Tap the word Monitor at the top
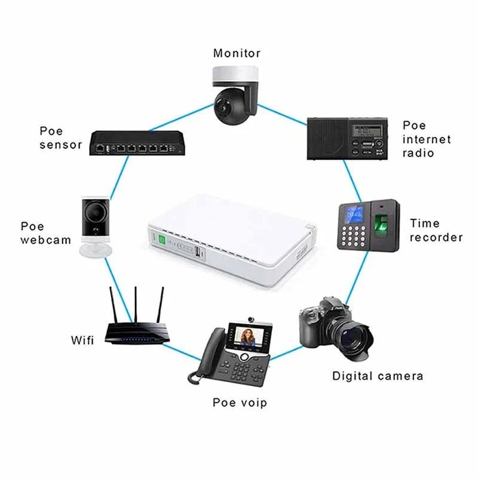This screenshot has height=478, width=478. pyautogui.click(x=237, y=53)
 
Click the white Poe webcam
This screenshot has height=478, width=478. pyautogui.click(x=96, y=224)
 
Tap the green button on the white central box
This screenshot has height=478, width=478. pyautogui.click(x=162, y=239)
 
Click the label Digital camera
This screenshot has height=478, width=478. pyautogui.click(x=378, y=376)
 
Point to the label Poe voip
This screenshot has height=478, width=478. pyautogui.click(x=240, y=402)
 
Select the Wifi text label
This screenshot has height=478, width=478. pyautogui.click(x=82, y=341)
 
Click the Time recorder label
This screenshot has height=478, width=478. pyautogui.click(x=436, y=230)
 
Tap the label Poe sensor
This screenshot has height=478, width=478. pyautogui.click(x=60, y=137)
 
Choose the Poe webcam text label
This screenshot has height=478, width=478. pyautogui.click(x=45, y=233)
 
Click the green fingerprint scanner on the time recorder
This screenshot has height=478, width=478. pyautogui.click(x=381, y=227)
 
